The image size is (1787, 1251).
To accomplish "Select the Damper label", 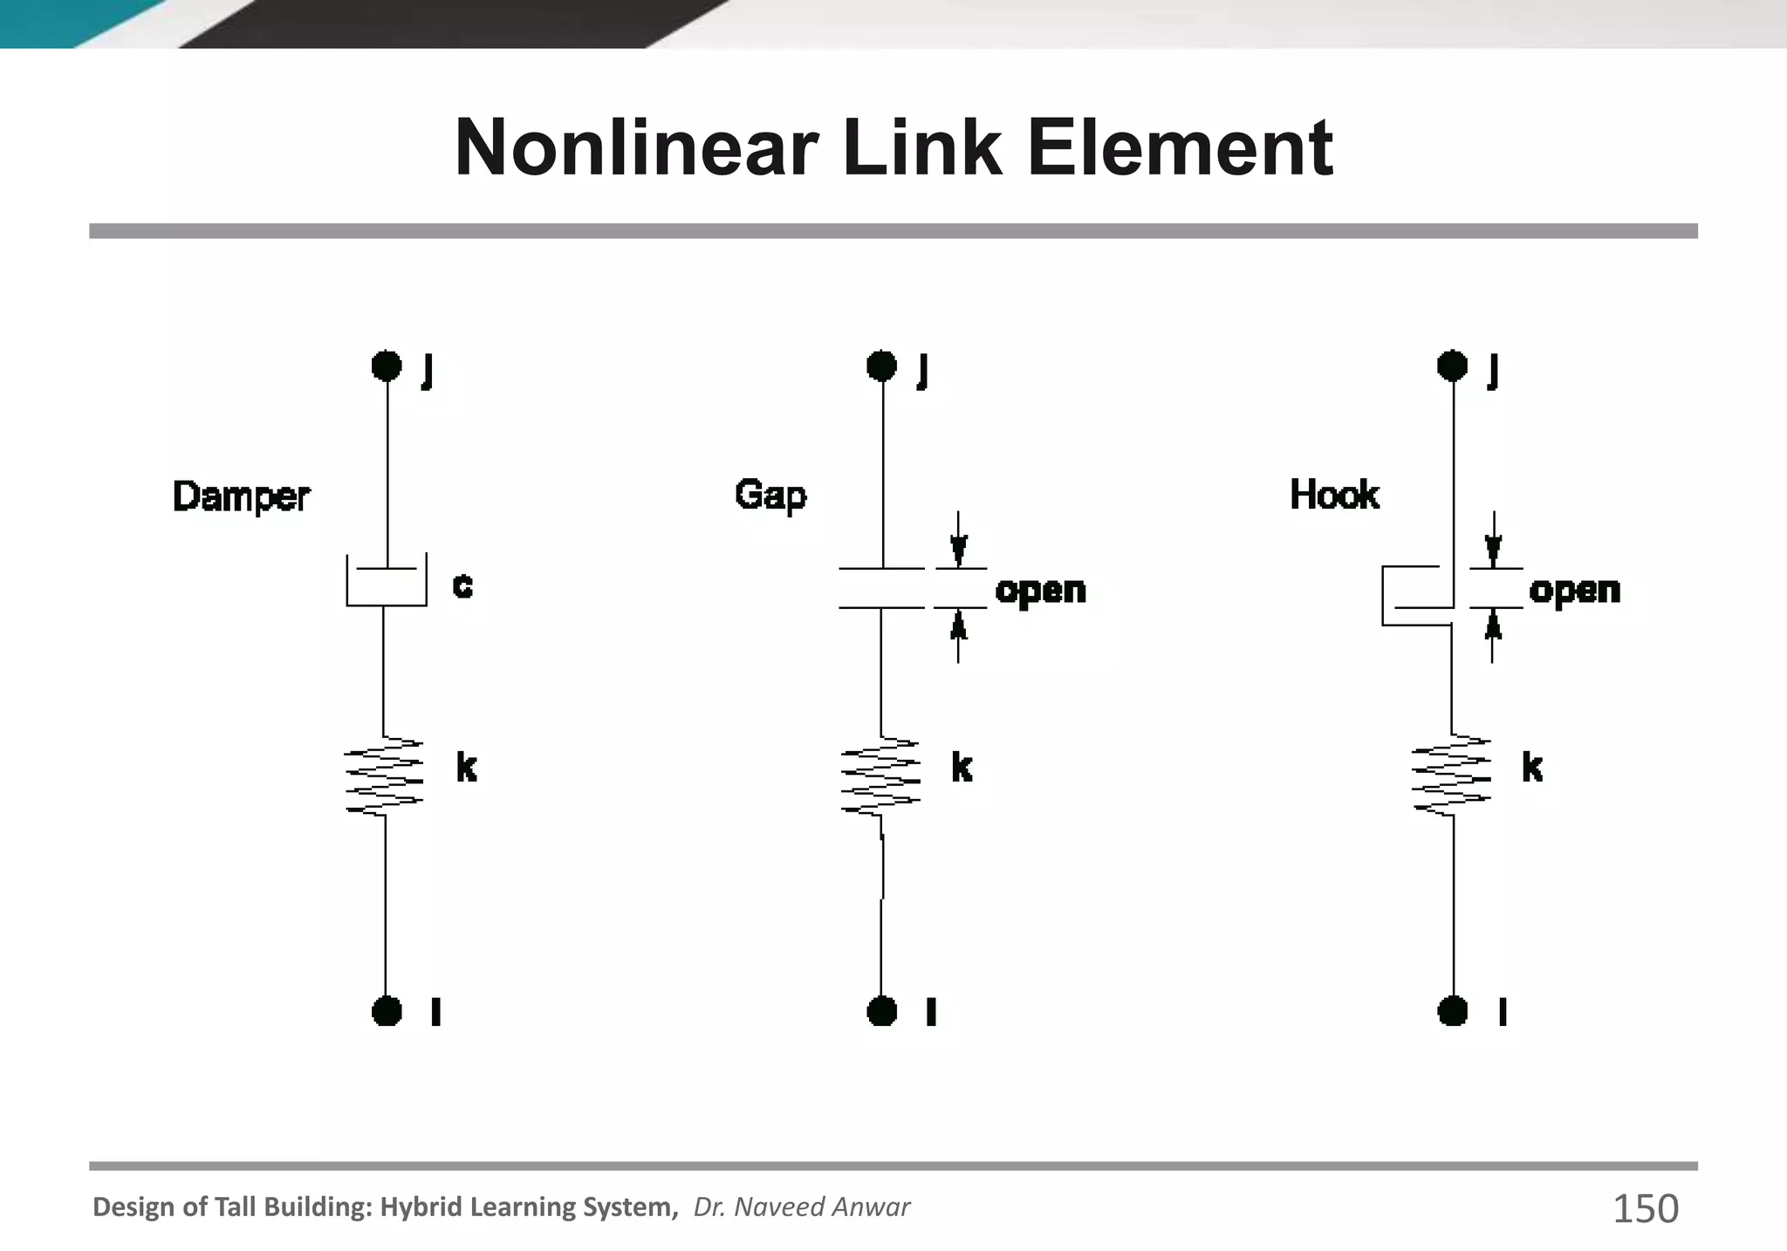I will click(241, 497).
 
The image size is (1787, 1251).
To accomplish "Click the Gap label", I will click(770, 495).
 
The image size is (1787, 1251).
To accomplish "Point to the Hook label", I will click(1334, 495).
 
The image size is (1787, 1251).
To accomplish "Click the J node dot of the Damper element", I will click(387, 366).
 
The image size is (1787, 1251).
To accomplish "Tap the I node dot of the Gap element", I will click(882, 1011).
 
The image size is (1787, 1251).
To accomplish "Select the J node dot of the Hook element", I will click(1453, 366).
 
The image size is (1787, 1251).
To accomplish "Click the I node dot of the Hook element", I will click(1453, 1011).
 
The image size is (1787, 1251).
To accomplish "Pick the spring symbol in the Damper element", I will click(385, 776).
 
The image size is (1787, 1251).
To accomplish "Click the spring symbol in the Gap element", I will click(880, 776).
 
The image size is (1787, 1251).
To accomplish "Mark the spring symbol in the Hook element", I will click(1452, 776).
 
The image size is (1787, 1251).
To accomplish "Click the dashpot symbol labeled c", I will click(387, 581).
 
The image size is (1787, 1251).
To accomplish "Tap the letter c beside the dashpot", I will click(462, 584).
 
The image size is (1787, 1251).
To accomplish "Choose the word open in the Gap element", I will click(1040, 591).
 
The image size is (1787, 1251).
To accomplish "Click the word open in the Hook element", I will click(1574, 591).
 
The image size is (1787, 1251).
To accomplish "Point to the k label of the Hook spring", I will click(1532, 768).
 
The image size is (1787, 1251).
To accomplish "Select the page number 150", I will click(1645, 1209).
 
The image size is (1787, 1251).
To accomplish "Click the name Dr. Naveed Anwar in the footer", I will click(801, 1207).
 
